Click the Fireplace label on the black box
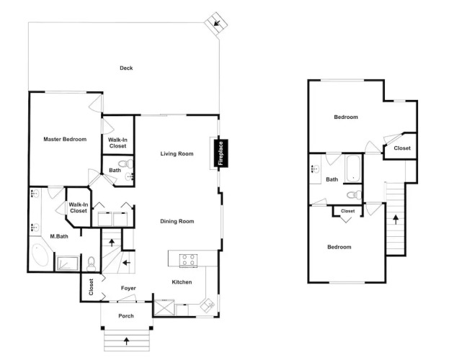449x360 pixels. [x=221, y=153]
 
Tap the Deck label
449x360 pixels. [x=126, y=68]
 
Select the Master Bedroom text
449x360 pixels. [x=65, y=140]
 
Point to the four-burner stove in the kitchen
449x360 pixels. [x=188, y=260]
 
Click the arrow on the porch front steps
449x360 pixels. [x=126, y=341]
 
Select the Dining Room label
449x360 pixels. [x=177, y=221]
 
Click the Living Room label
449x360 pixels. [x=177, y=153]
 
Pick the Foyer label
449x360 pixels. [x=128, y=288]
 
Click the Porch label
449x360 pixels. [x=126, y=316]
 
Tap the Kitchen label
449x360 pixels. [x=182, y=282]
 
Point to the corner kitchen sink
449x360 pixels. [x=208, y=305]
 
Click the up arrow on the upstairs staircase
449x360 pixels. [x=396, y=220]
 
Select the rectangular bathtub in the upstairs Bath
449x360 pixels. [x=353, y=168]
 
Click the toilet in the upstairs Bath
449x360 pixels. [x=354, y=195]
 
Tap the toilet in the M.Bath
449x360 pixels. [x=91, y=264]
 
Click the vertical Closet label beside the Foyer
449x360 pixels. [x=91, y=287]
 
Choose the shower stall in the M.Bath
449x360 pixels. [x=68, y=264]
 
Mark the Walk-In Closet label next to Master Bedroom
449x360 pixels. [x=117, y=143]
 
